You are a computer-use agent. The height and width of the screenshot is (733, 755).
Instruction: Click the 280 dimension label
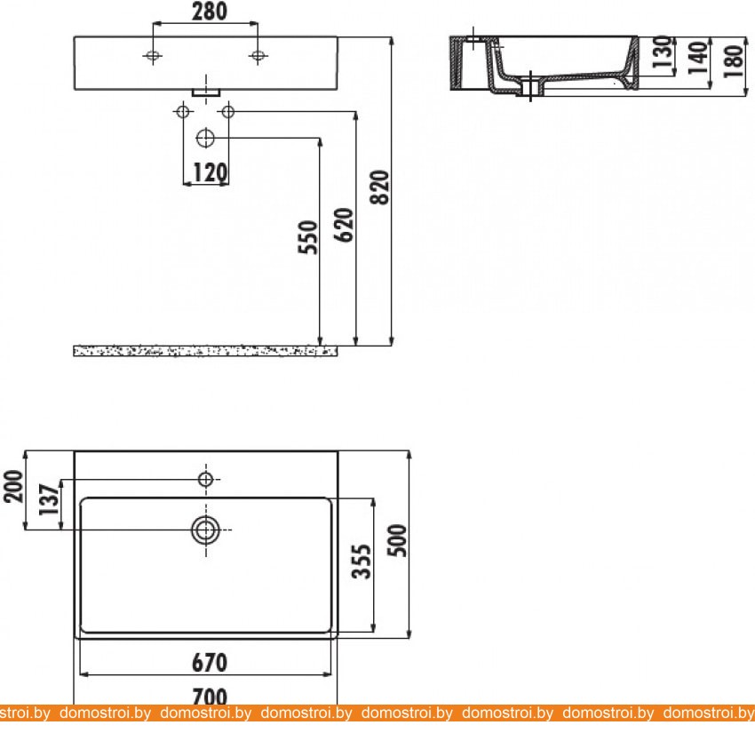pos(210,12)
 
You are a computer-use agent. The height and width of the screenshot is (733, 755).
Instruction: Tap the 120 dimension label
pos(210,172)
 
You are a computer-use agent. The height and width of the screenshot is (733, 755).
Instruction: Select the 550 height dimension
pos(308,237)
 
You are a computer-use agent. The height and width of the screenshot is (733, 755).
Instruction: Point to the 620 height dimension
pos(344,225)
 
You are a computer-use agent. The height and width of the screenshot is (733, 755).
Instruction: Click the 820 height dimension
pos(380,187)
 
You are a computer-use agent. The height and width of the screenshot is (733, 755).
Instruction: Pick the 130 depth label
pos(664,52)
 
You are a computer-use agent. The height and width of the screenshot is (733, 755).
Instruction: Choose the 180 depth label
pos(734,61)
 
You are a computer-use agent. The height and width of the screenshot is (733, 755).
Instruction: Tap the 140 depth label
pos(698,58)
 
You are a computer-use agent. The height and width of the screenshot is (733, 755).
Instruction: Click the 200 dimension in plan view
pos(13,486)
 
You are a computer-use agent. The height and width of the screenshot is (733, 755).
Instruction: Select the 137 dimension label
pos(49,499)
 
